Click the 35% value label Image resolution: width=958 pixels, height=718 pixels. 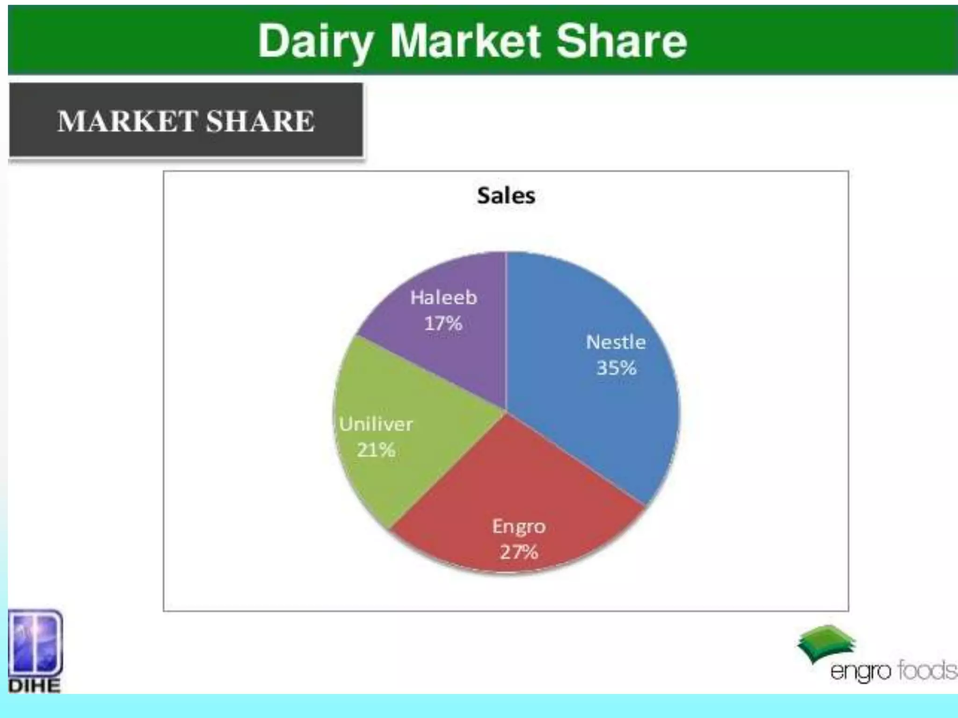[x=617, y=368]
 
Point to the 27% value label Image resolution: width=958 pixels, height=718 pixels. [x=519, y=553]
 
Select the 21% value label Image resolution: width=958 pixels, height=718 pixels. [x=376, y=450]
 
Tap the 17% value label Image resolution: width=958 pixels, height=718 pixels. [x=443, y=323]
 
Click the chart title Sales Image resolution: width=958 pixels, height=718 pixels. [x=506, y=195]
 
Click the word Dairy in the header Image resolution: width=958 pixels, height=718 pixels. [x=316, y=42]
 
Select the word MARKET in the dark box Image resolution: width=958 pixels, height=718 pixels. [x=127, y=121]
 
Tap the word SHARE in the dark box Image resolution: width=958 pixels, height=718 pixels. [x=260, y=121]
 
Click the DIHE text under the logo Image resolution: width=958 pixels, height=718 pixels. [x=35, y=686]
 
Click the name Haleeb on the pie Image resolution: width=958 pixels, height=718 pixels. [x=443, y=297]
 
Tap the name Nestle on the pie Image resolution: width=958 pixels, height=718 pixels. [x=616, y=342]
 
